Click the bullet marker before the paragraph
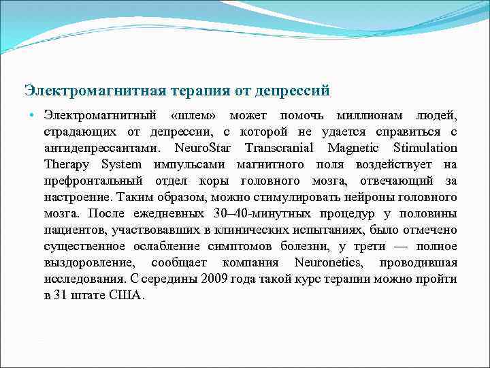pos(32,114)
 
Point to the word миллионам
pos(372,115)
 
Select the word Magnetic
pos(358,148)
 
